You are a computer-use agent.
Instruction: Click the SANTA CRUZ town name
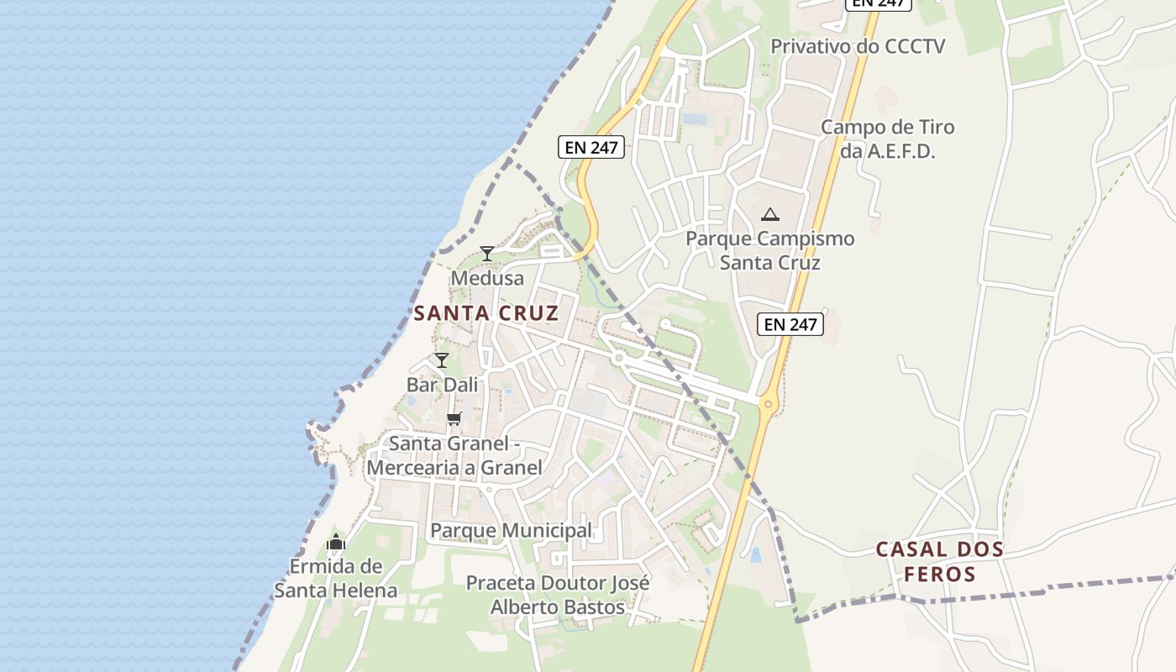click(486, 313)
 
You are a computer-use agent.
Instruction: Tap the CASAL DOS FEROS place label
click(939, 562)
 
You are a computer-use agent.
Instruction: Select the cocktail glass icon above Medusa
click(486, 253)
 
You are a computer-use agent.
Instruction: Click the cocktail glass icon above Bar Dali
click(442, 360)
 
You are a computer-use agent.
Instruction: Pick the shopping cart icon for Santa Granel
click(454, 418)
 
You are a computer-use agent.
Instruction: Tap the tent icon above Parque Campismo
click(769, 214)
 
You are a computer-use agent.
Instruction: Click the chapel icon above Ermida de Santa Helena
click(336, 542)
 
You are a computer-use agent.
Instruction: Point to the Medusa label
click(487, 278)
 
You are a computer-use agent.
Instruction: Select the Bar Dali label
click(442, 385)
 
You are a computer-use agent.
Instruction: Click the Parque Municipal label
click(511, 531)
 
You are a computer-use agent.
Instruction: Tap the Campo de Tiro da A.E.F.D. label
click(887, 139)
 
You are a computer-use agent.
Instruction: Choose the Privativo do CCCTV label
click(858, 46)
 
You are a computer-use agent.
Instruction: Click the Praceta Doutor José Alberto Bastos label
click(558, 595)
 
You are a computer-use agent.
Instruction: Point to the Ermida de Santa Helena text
click(336, 579)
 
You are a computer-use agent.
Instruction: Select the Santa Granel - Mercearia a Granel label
click(454, 455)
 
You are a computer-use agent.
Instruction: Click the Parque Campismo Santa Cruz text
click(769, 250)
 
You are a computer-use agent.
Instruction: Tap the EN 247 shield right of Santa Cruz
click(790, 323)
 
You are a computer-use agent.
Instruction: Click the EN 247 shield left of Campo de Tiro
click(591, 147)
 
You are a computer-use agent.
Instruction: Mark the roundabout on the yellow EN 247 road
click(767, 404)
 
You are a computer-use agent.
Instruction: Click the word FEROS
click(939, 575)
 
